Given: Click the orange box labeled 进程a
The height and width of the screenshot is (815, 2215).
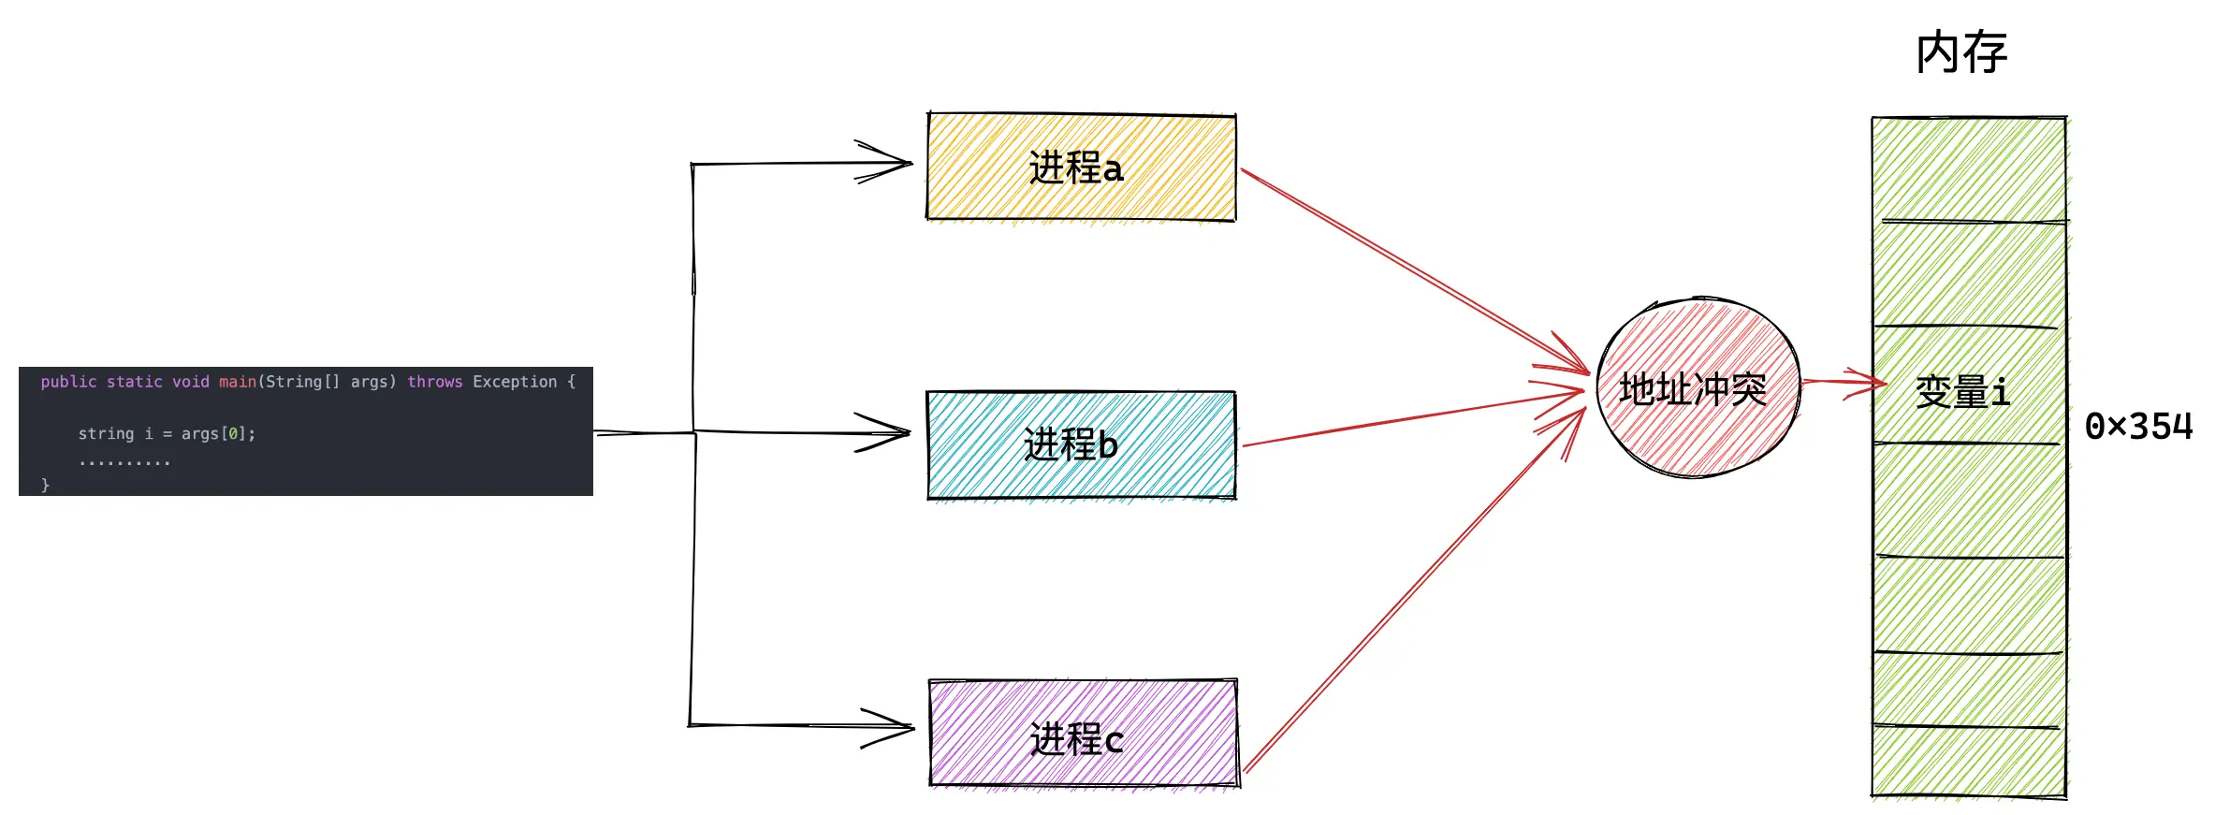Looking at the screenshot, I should click(1081, 167).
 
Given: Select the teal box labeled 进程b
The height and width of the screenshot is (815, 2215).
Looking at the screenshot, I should click(1081, 445).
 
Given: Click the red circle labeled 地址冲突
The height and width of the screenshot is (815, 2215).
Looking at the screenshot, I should click(1697, 388).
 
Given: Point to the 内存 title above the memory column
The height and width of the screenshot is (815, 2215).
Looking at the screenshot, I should click(1961, 52).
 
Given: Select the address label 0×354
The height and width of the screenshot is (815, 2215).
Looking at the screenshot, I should click(2138, 427).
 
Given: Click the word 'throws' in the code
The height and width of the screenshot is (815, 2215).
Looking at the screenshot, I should click(434, 382).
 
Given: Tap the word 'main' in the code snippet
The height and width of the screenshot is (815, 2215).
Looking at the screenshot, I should click(238, 382).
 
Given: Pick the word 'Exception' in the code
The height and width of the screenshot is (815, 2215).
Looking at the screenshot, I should click(515, 382).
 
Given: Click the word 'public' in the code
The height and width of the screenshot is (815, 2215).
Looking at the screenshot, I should click(68, 382).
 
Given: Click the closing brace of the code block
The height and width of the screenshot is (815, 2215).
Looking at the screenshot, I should click(45, 485).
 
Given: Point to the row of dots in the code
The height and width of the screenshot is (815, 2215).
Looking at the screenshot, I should click(124, 462).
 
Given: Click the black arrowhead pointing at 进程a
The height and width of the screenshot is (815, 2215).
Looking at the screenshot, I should click(889, 163).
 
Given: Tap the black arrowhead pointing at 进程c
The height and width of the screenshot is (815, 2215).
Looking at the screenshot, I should click(894, 727).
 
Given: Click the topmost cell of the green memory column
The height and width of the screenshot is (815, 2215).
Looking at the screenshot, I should click(1969, 169).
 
